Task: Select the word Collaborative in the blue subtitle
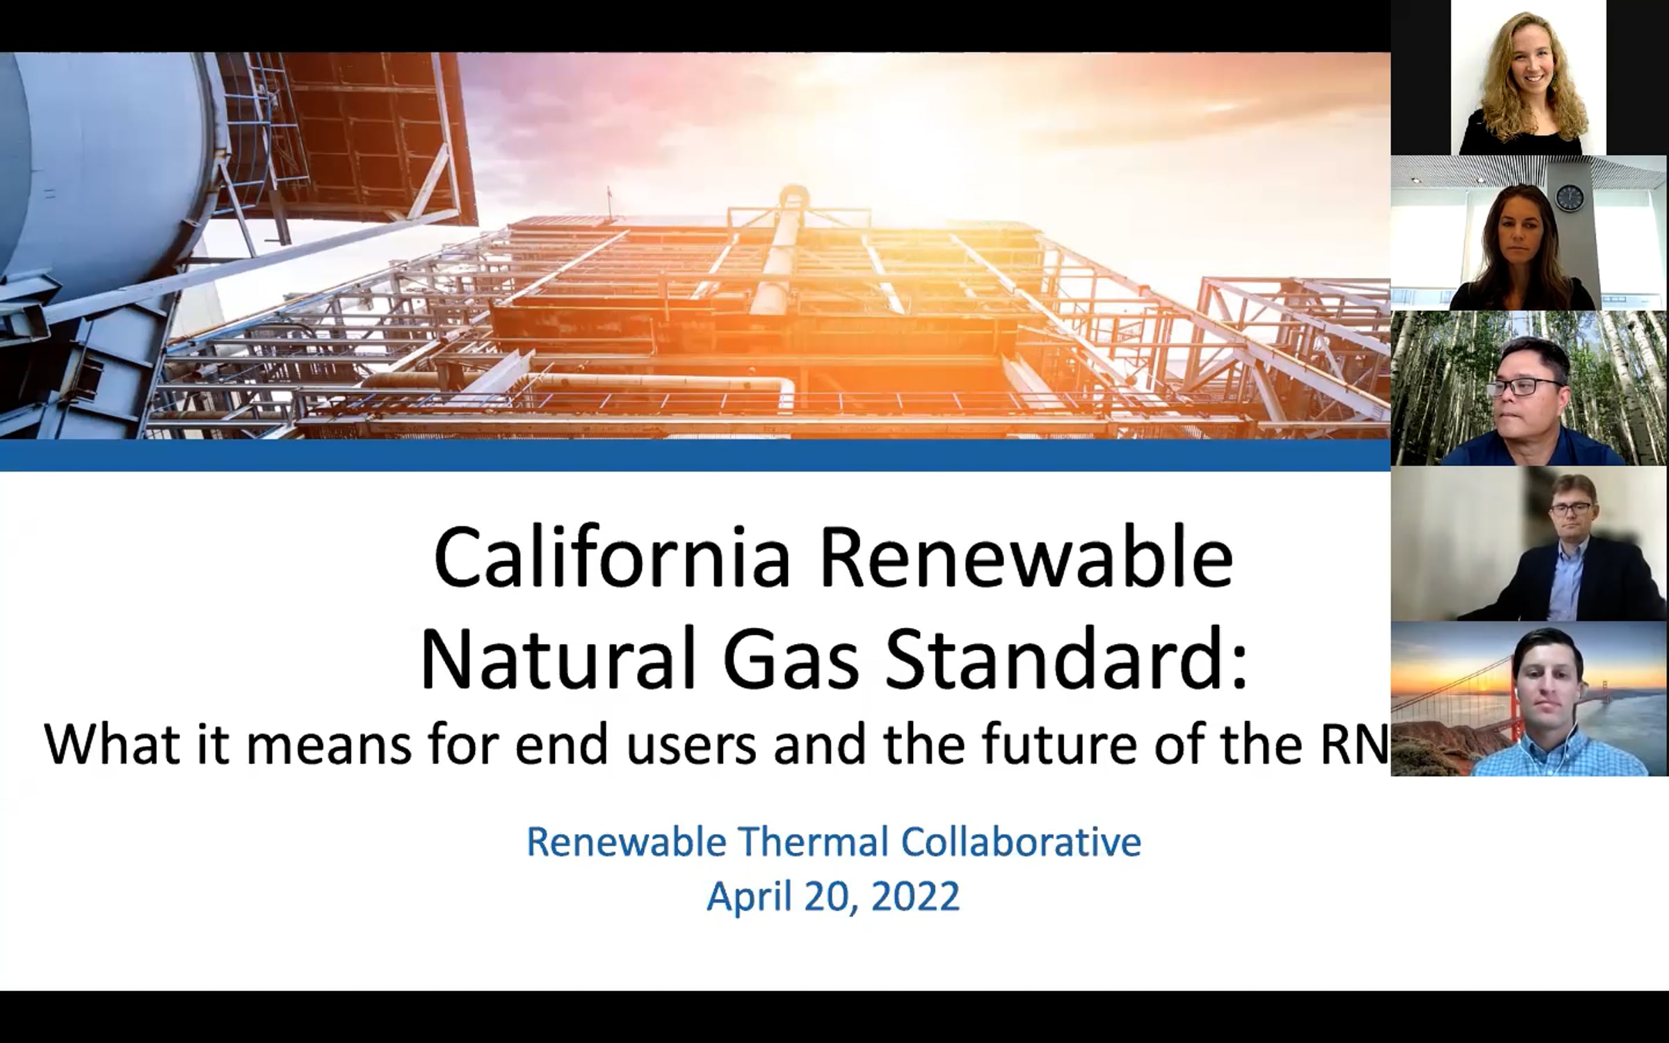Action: [x=1022, y=841]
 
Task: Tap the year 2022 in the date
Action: [x=915, y=896]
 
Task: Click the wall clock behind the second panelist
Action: [x=1569, y=198]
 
